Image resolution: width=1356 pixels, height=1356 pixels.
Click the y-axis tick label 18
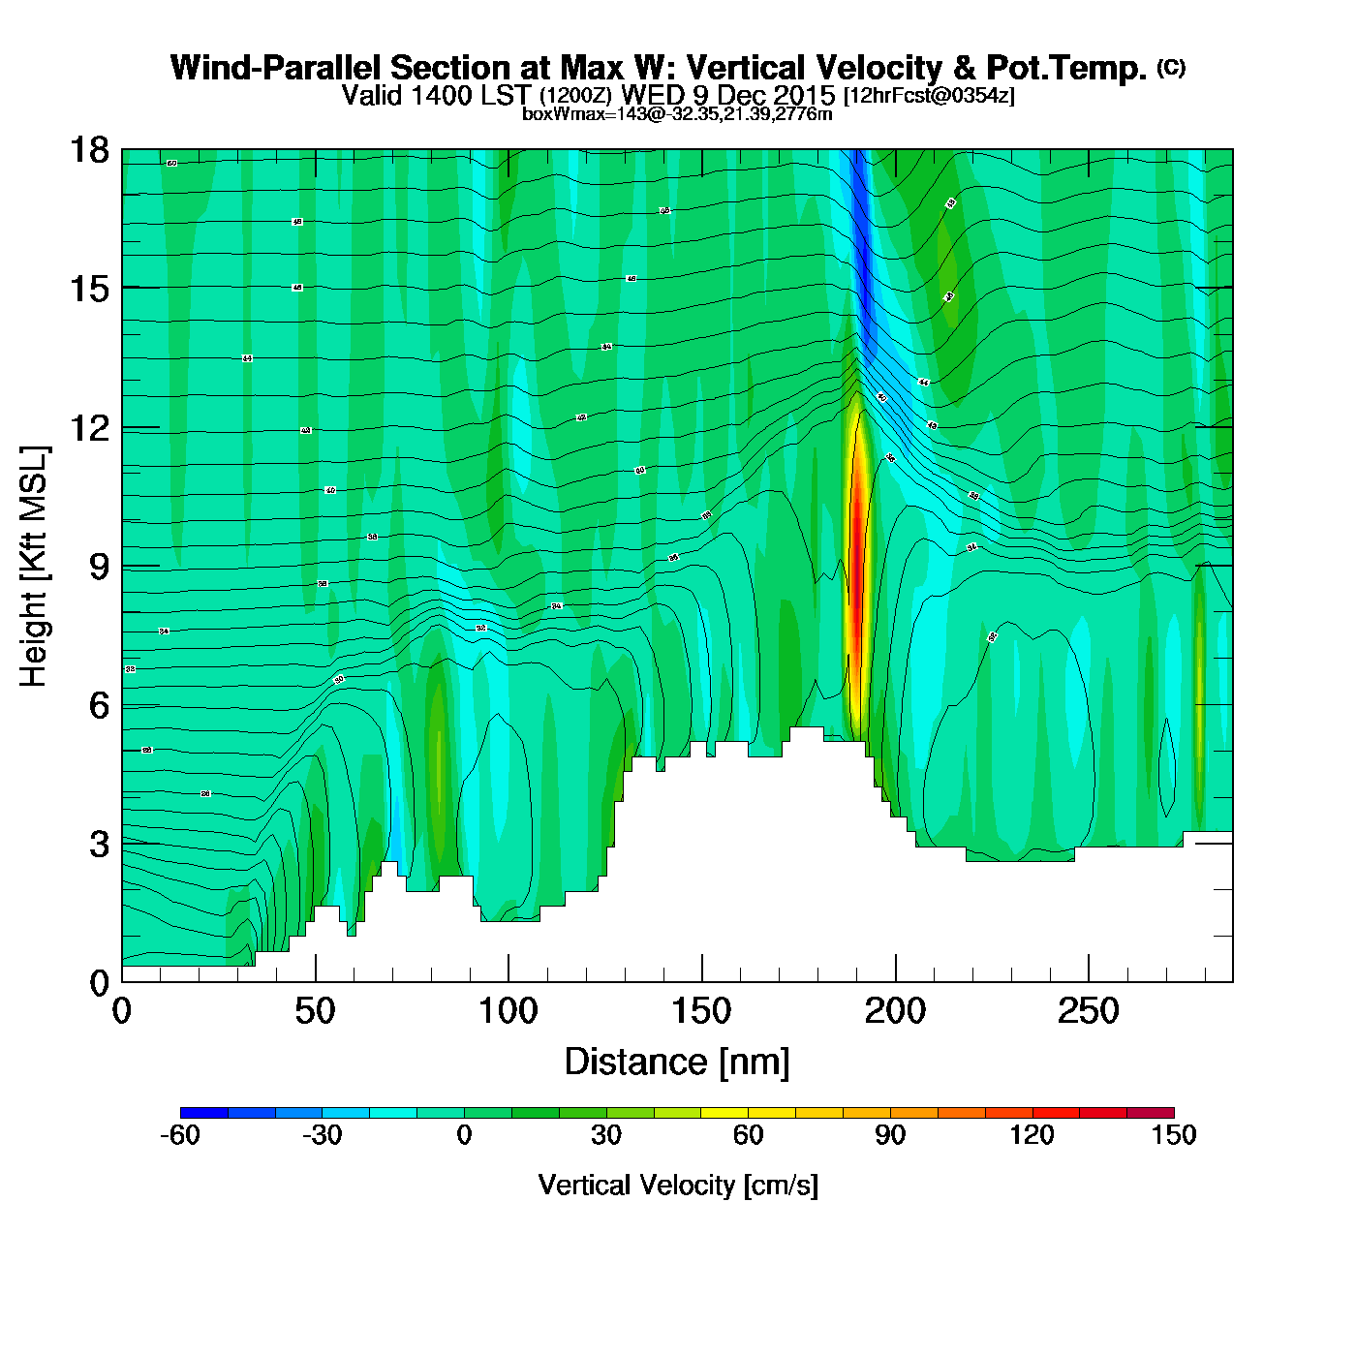click(x=88, y=150)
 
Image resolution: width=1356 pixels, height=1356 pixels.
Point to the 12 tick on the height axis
click(x=88, y=427)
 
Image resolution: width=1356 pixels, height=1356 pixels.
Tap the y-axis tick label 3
click(x=99, y=845)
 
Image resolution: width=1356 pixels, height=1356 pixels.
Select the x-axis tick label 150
click(x=701, y=1012)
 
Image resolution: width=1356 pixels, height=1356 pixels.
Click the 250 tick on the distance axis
click(x=1089, y=1012)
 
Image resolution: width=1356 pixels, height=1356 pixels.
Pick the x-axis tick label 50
click(x=315, y=1012)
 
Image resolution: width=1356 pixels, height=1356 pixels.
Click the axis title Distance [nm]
click(x=677, y=1063)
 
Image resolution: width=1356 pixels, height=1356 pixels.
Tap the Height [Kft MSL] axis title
click(x=34, y=567)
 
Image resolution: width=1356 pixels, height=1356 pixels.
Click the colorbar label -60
click(x=180, y=1135)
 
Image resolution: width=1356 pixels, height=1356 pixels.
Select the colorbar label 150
click(x=1173, y=1135)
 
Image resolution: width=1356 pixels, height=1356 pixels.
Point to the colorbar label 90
click(x=890, y=1135)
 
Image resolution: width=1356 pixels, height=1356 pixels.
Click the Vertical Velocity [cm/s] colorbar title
click(x=678, y=1186)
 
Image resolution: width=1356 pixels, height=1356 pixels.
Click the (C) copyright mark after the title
click(x=1171, y=67)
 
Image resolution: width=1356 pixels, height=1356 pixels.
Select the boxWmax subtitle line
click(x=677, y=114)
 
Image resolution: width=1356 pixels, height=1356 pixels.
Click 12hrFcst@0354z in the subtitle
click(x=929, y=96)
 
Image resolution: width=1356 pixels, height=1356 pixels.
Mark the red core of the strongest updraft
click(x=856, y=571)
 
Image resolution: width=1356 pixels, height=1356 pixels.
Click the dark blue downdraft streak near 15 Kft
click(x=861, y=281)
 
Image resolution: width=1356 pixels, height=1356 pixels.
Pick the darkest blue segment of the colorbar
click(x=204, y=1113)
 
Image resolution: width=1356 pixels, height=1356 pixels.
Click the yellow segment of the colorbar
click(x=724, y=1113)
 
